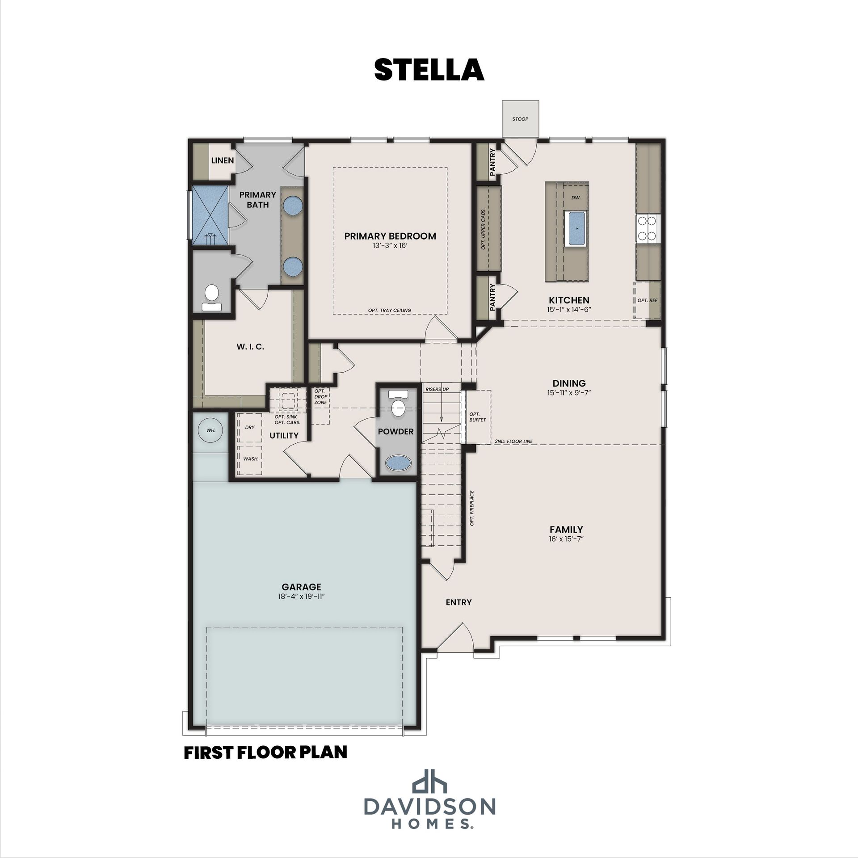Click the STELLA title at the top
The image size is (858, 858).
point(429,70)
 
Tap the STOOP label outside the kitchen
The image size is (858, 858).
point(520,119)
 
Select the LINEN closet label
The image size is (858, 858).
point(223,160)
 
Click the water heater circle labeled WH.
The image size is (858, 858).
point(211,430)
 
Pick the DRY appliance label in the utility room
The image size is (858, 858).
point(250,427)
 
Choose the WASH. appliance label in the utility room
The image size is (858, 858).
point(251,458)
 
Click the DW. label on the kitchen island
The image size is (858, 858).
point(576,198)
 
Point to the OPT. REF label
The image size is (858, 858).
point(648,300)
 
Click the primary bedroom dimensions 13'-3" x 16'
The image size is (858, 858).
point(390,245)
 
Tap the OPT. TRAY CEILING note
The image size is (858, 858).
point(390,310)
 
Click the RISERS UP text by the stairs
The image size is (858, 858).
point(437,389)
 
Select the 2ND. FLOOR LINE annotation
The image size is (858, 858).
point(514,442)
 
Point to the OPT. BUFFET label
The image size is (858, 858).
point(477,417)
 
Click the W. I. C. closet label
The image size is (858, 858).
point(250,346)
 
